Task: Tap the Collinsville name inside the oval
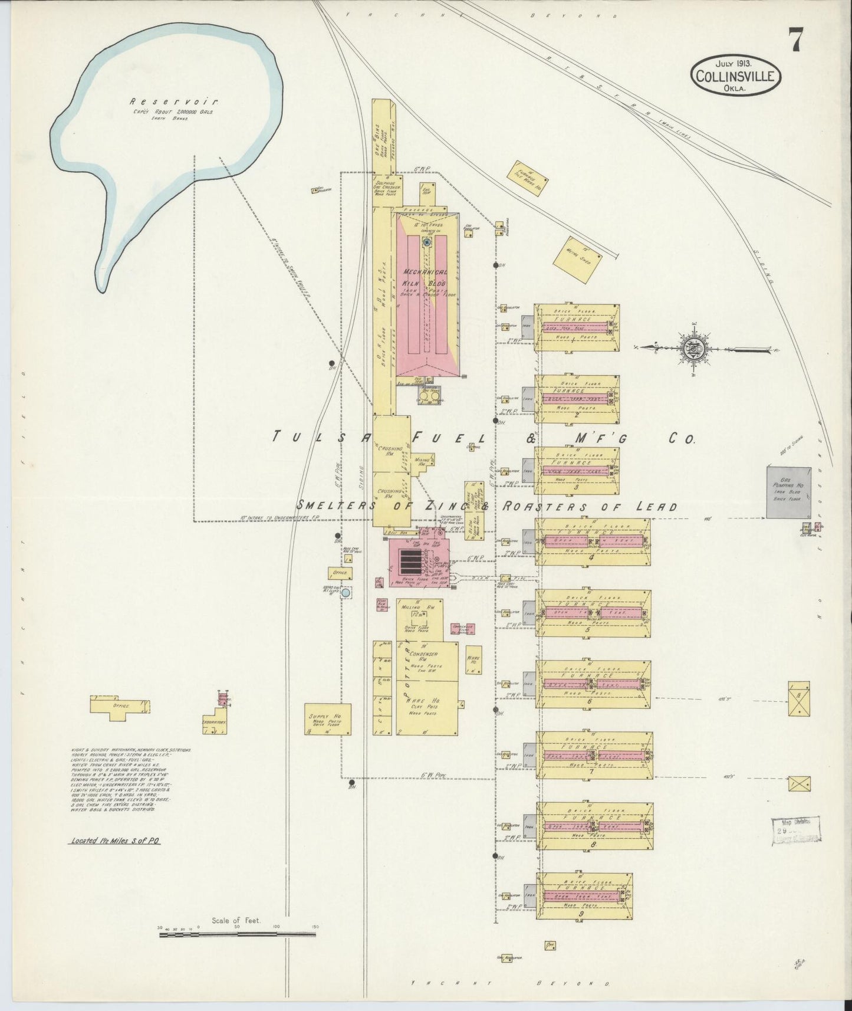click(737, 76)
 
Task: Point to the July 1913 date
click(737, 63)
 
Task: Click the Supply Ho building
click(328, 719)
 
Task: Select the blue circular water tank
click(346, 592)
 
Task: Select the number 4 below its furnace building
click(591, 556)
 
